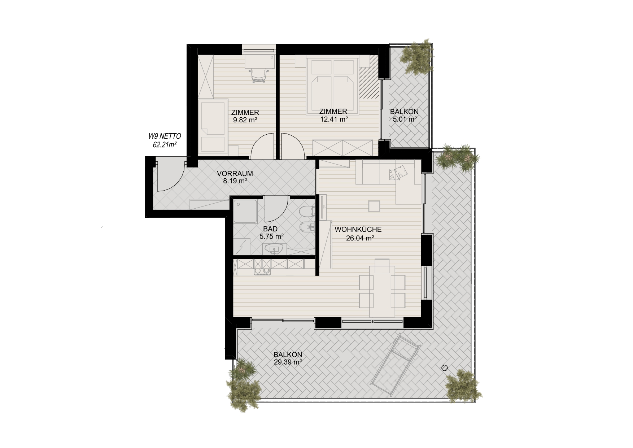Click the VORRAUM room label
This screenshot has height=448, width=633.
tap(235, 174)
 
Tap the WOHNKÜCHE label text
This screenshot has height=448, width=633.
tap(358, 230)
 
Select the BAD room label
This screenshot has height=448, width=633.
tap(270, 229)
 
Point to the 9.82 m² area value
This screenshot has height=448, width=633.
tap(245, 120)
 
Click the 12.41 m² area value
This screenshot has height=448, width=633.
tap(334, 119)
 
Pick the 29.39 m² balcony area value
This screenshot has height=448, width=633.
tap(288, 362)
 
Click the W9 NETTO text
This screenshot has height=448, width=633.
tap(165, 136)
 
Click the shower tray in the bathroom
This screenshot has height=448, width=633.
tap(245, 212)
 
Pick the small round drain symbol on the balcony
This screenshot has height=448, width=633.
tap(445, 368)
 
